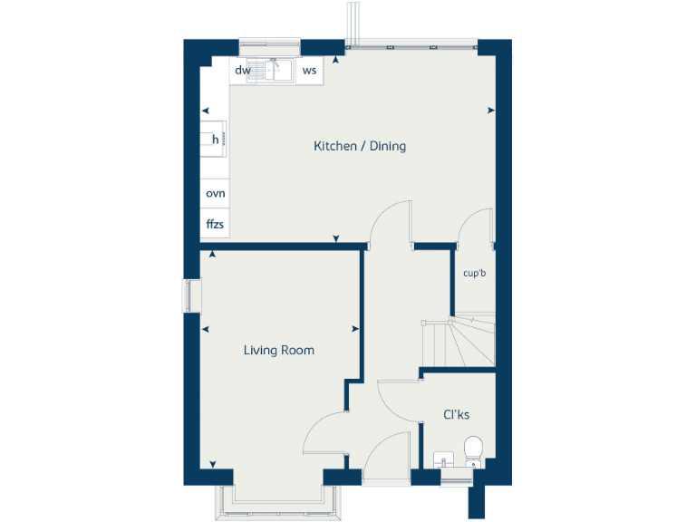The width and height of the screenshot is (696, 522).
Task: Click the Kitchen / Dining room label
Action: click(360, 146)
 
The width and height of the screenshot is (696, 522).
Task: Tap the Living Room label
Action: click(278, 350)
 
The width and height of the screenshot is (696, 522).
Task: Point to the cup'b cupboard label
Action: click(475, 273)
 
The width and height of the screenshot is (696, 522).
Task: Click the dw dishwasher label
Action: click(242, 70)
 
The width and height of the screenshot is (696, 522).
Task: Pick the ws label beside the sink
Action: click(309, 70)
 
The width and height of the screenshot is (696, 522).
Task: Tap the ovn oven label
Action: click(215, 194)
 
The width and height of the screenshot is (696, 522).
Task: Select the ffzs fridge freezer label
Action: click(215, 224)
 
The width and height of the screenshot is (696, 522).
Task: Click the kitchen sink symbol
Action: click(275, 70)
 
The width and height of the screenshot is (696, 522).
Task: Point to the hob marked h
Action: click(215, 139)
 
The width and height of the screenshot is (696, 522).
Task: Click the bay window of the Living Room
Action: click(278, 502)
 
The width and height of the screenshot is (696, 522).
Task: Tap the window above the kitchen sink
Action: click(269, 43)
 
